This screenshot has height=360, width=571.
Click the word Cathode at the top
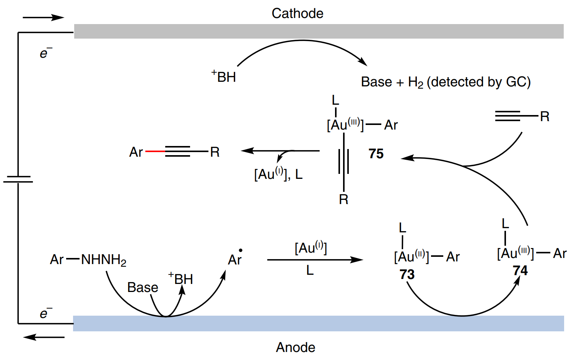[x=297, y=13]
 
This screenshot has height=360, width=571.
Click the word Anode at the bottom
[x=296, y=347]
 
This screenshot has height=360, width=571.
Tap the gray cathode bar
[x=319, y=31]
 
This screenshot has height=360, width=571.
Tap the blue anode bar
[x=319, y=323]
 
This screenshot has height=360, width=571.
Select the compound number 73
[x=407, y=274]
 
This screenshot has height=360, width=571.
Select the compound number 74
[x=520, y=271]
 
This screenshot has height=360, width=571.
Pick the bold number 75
[x=376, y=154]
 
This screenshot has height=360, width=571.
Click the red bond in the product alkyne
[x=155, y=152]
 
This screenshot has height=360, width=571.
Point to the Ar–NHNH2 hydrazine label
[x=88, y=260]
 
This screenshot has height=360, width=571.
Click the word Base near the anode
[x=143, y=287]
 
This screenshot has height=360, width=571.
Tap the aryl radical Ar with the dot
[x=235, y=259]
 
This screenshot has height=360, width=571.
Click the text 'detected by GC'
[x=479, y=82]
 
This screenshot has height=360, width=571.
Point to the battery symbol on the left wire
[x=18, y=179]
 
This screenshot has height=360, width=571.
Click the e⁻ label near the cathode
[x=46, y=53]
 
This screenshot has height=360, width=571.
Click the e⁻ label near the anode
[x=46, y=313]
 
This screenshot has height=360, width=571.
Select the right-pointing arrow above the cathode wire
[x=43, y=17]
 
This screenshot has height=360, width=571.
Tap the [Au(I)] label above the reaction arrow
[x=311, y=248]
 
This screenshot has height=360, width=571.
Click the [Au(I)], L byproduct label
[x=278, y=174]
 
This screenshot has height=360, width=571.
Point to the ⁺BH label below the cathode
[x=224, y=76]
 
